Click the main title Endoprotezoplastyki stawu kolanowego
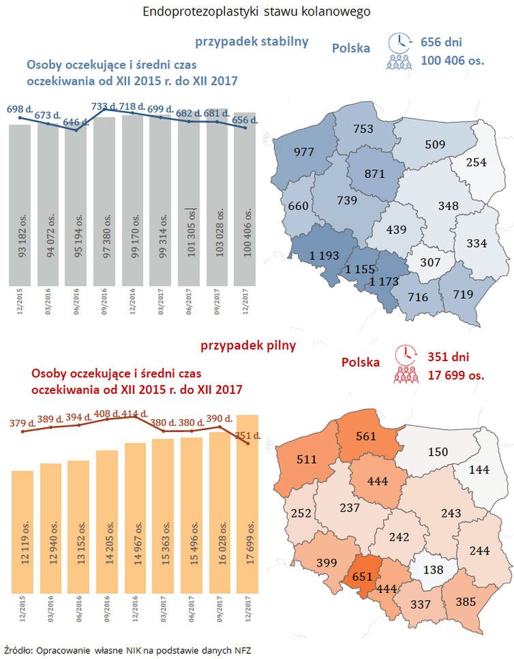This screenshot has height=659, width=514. click(x=257, y=12)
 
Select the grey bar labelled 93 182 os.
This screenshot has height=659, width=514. click(x=20, y=204)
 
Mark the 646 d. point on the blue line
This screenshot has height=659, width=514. click(x=76, y=129)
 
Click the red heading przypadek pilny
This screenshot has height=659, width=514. click(x=248, y=346)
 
